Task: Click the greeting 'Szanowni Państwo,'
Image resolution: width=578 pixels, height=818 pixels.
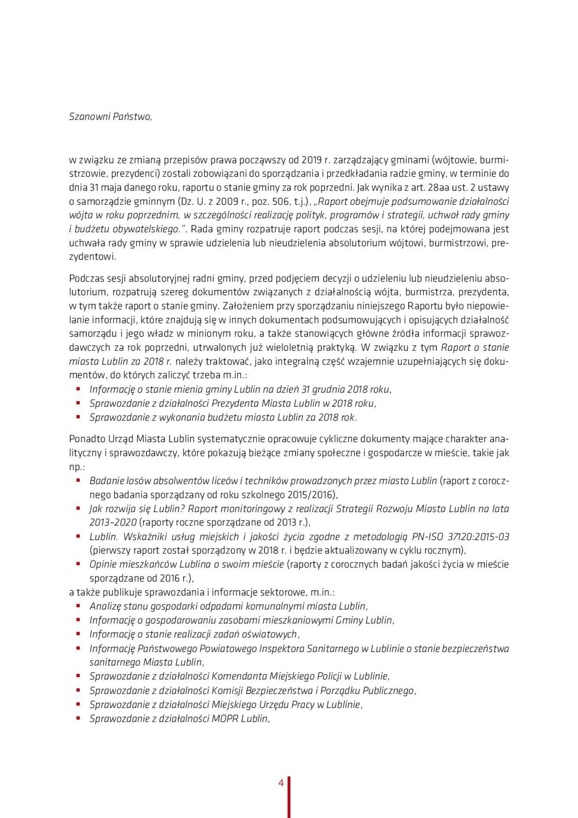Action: [110, 117]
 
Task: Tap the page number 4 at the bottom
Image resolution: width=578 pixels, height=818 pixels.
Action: [281, 783]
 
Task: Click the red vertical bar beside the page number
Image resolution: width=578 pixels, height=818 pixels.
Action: [289, 796]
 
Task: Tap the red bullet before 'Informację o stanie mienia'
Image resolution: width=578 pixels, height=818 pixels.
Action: [78, 389]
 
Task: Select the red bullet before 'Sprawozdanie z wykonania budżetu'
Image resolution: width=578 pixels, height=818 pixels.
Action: [78, 417]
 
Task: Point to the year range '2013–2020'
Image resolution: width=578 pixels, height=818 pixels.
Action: [113, 522]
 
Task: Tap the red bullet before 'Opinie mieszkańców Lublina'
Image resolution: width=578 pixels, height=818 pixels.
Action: [78, 564]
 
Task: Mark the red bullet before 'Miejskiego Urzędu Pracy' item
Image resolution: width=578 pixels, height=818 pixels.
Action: [78, 704]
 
